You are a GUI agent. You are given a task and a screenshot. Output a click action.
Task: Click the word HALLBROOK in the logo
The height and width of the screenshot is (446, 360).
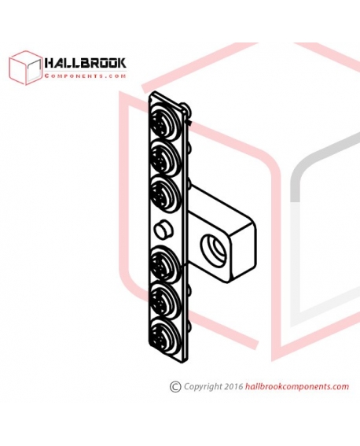click(x=86, y=63)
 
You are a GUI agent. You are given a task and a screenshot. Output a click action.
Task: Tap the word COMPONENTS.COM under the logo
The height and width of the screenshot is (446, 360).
click(x=86, y=76)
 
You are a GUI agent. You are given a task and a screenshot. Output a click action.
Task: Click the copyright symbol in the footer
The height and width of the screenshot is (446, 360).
click(x=175, y=387)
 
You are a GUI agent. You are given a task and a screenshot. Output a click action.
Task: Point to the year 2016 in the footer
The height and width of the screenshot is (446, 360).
click(x=233, y=386)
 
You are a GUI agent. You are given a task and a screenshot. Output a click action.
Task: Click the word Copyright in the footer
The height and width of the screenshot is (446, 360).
click(x=203, y=387)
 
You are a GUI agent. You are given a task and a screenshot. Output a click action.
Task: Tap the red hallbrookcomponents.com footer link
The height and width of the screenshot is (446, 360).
click(x=296, y=387)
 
